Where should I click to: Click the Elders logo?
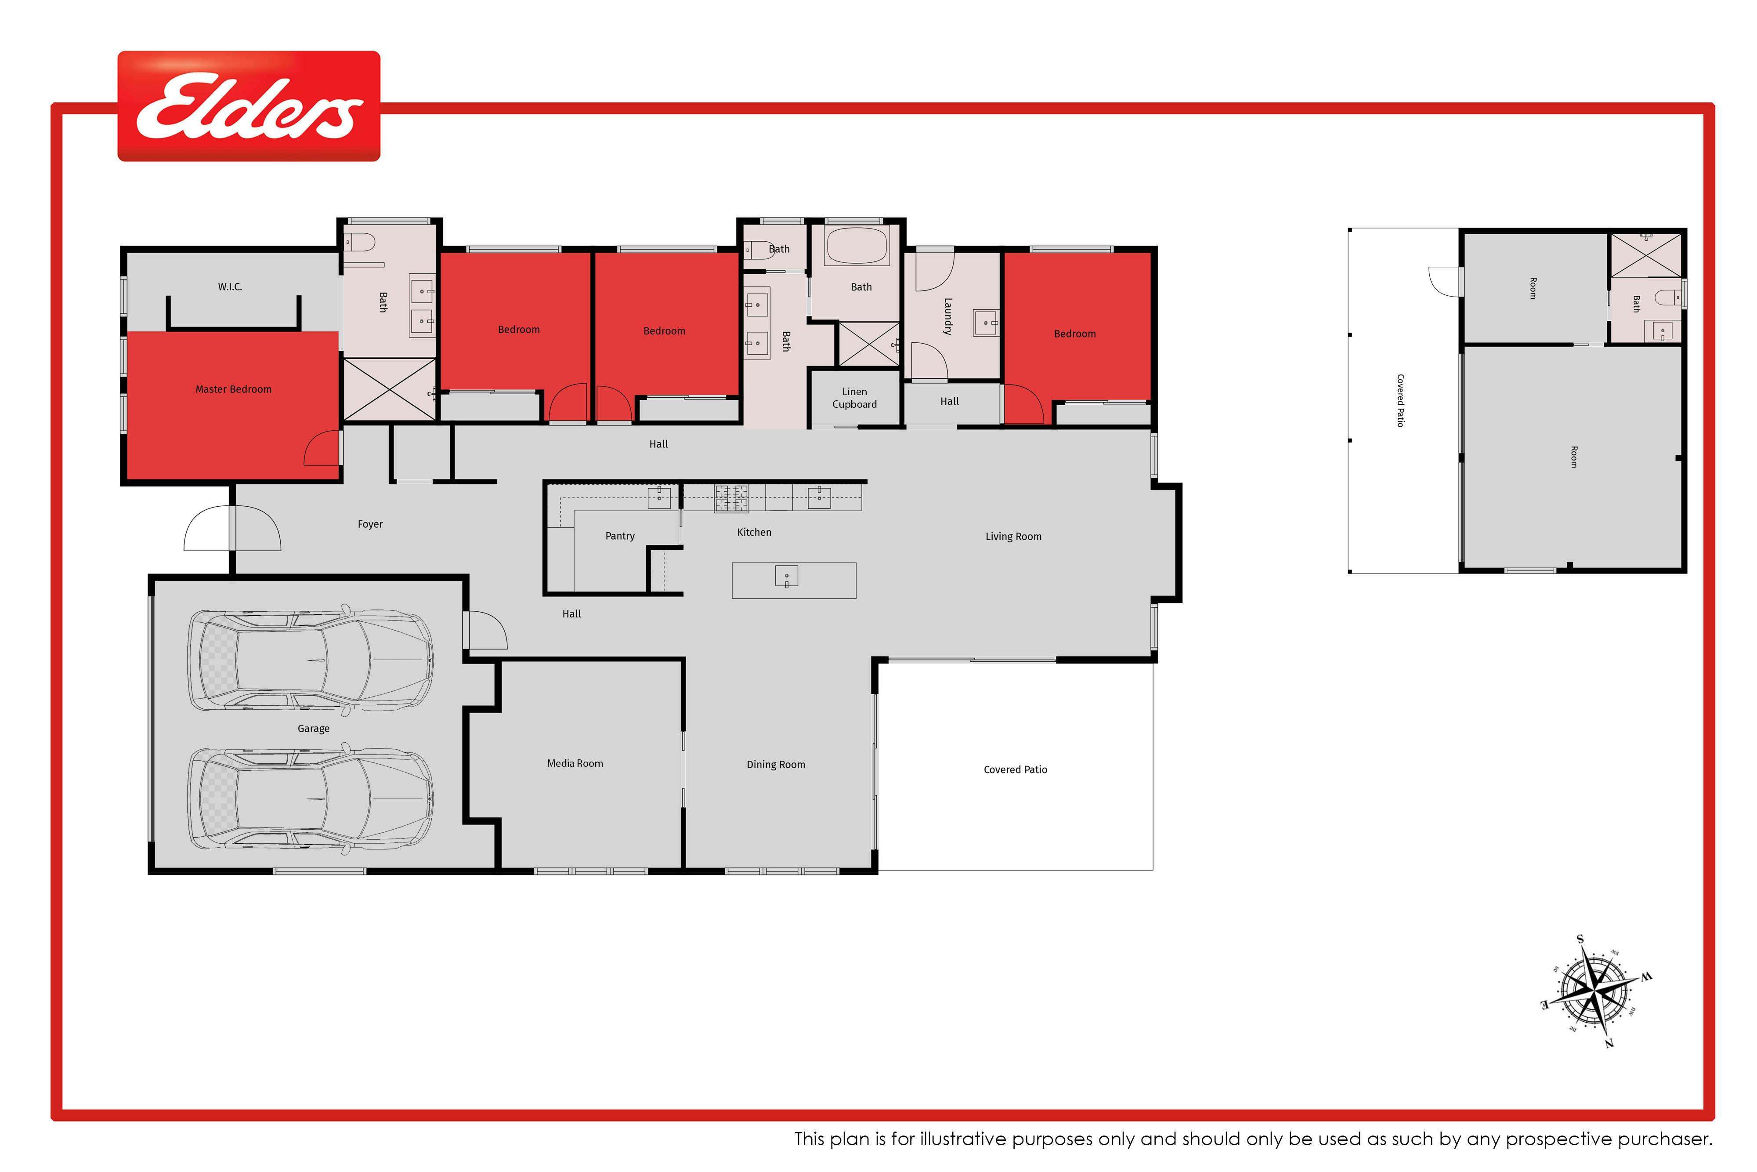click(249, 106)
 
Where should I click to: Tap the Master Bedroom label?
click(233, 389)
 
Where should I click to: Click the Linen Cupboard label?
click(855, 398)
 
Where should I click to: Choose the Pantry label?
click(620, 536)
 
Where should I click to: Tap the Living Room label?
click(1013, 537)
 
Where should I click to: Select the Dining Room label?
click(776, 765)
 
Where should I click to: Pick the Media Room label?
click(575, 763)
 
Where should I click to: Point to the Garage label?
click(314, 729)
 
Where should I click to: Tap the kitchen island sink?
click(787, 576)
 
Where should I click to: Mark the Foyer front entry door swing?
click(232, 529)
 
